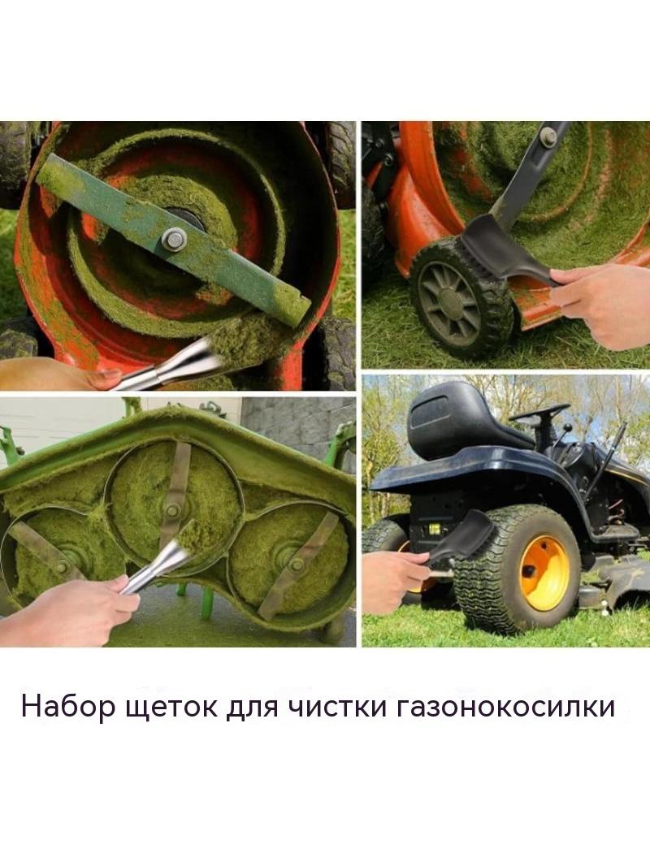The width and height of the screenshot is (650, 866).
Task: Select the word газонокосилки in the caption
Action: pos(505,708)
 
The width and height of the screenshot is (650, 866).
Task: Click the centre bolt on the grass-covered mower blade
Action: pos(174,239)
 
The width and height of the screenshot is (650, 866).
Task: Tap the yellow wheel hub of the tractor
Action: pos(544,572)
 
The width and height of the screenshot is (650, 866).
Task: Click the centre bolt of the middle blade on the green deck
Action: pos(173,510)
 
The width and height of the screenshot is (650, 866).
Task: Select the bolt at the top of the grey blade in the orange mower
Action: pos(549,134)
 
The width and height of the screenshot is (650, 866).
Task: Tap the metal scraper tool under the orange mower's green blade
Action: pos(171,365)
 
